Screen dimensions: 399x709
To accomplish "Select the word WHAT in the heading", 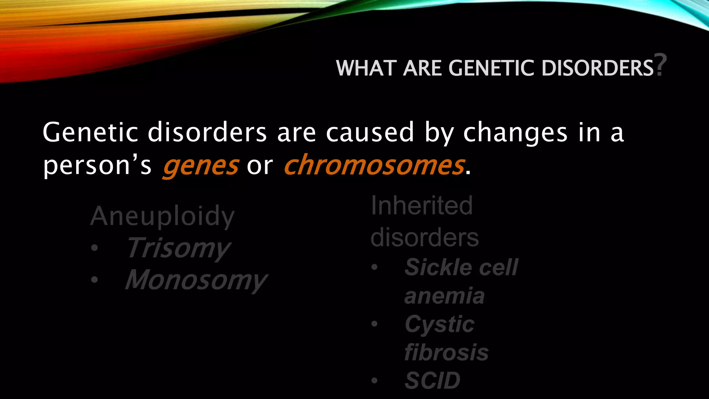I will pos(366,68).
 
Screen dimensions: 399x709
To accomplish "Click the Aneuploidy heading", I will pos(162,216).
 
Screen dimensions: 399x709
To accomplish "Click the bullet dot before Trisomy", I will pos(95,248).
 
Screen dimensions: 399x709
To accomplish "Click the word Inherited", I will pos(422,206).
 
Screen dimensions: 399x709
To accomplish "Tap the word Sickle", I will pos(438,267).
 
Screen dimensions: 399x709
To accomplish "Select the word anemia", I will pos(444,296).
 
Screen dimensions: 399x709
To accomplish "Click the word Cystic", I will pos(439,325).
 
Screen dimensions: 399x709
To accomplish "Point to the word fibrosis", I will pos(446,353).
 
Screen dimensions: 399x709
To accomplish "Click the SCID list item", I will pos(432,381).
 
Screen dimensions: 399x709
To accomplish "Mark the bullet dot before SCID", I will pos(374,381).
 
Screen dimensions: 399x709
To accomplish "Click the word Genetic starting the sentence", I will pos(90,132).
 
